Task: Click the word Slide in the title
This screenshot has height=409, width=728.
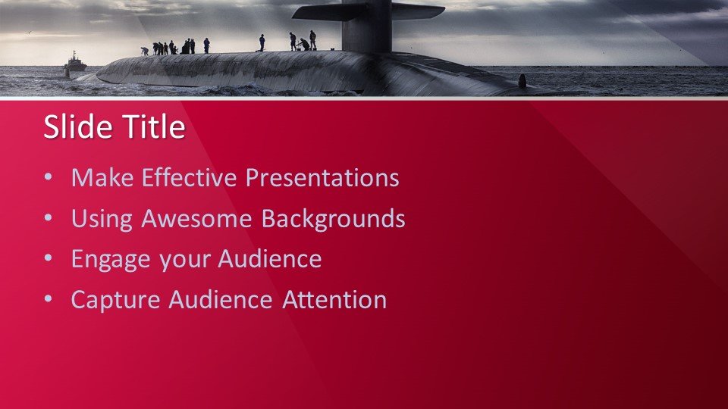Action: [77, 126]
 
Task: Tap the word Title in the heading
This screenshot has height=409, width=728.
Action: [154, 126]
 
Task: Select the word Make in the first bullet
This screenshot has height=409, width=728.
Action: [102, 177]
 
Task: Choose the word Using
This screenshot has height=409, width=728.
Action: [102, 220]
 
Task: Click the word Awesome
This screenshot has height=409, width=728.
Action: [196, 218]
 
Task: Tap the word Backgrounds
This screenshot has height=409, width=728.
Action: [334, 218]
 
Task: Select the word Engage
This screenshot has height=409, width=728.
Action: [111, 260]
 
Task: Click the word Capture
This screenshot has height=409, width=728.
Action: [115, 301]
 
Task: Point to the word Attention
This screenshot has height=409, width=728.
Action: [334, 300]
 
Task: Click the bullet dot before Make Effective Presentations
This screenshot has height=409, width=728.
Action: [49, 176]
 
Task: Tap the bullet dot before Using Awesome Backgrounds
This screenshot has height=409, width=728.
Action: [49, 217]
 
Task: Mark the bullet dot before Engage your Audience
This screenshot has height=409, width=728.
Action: [49, 258]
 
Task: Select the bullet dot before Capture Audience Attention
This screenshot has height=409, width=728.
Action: [49, 299]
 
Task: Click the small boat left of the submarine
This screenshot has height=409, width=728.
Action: [75, 62]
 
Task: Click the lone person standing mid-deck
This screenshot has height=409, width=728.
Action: [262, 42]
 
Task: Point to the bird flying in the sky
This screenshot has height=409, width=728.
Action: [30, 33]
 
